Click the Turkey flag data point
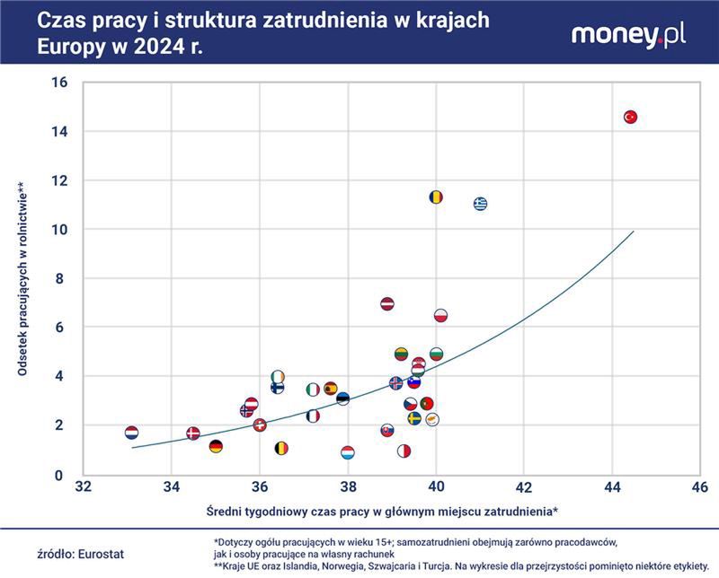pyautogui.click(x=630, y=117)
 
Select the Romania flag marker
pyautogui.click(x=436, y=197)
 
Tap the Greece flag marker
pyautogui.click(x=481, y=204)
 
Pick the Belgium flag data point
pyautogui.click(x=281, y=448)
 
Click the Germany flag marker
pyautogui.click(x=216, y=446)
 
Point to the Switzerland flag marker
pyautogui.click(x=261, y=425)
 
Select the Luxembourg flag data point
pyautogui.click(x=348, y=452)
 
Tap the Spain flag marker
pyautogui.click(x=331, y=389)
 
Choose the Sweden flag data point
pyautogui.click(x=414, y=418)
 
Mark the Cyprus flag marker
pyautogui.click(x=432, y=419)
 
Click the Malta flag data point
pyautogui.click(x=404, y=451)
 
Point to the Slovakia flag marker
pyautogui.click(x=387, y=430)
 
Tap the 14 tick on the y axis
pyautogui.click(x=61, y=131)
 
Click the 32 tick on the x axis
pyautogui.click(x=83, y=486)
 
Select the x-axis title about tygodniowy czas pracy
pyautogui.click(x=368, y=511)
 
